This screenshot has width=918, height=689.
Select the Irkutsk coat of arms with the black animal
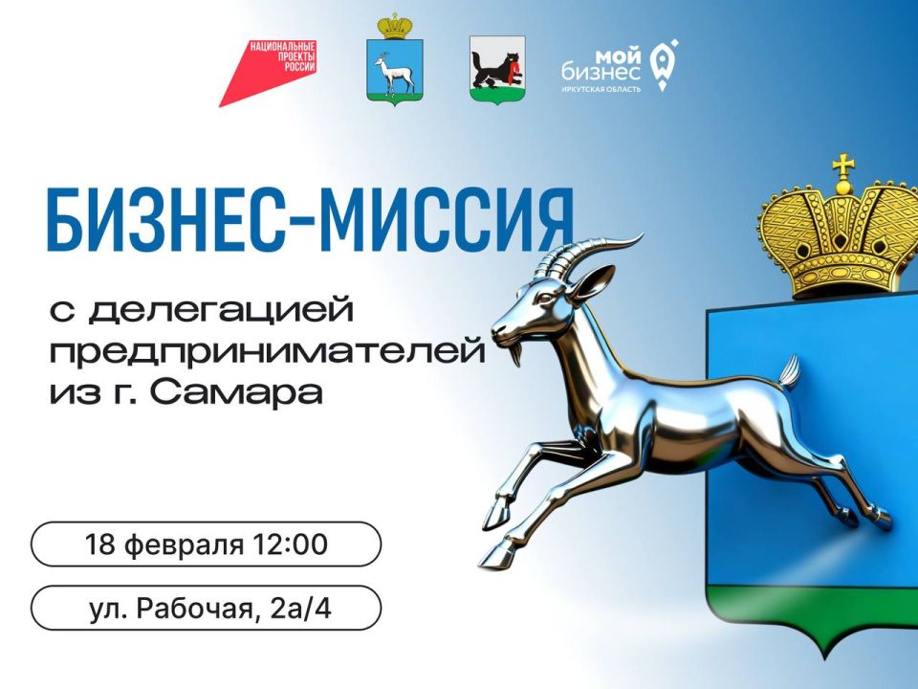point(496,69)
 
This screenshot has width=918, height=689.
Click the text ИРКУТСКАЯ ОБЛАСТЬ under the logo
point(601,89)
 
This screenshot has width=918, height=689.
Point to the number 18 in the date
point(98,545)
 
